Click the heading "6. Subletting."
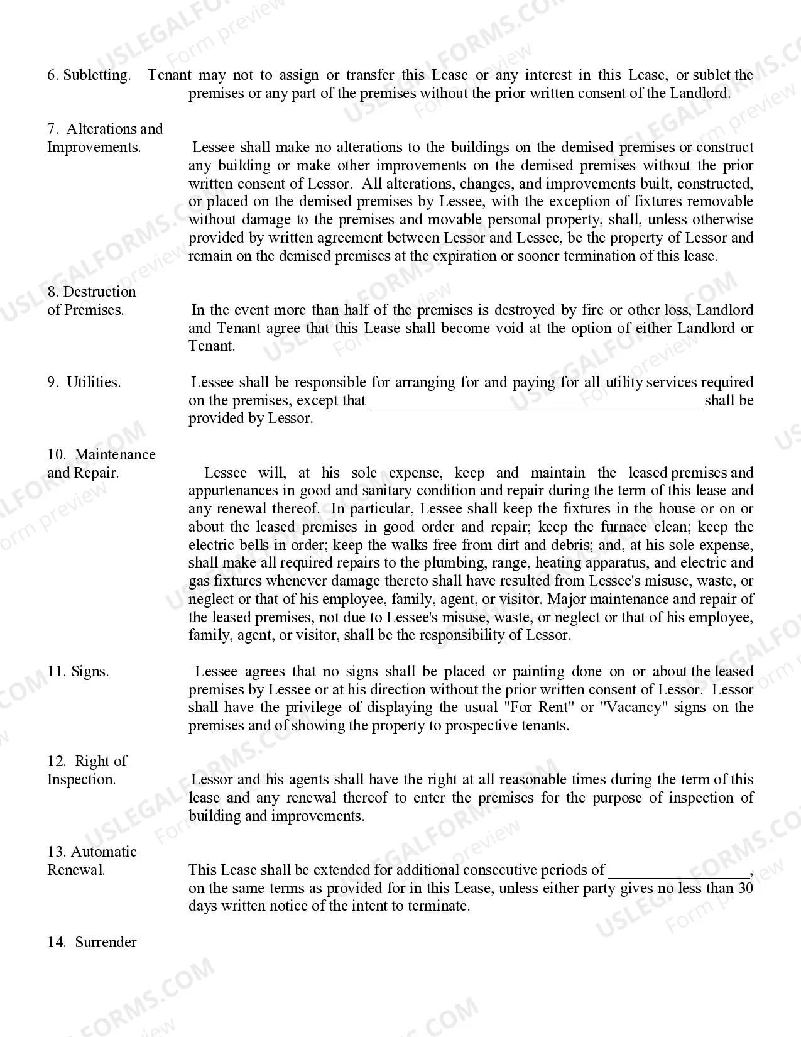(x=89, y=75)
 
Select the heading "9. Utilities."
(x=84, y=382)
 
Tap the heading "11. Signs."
(x=78, y=671)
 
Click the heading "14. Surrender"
(x=92, y=942)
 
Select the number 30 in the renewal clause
(x=745, y=888)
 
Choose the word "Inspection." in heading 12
(x=82, y=780)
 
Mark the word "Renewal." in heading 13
(x=76, y=870)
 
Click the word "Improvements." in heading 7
(x=94, y=148)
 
